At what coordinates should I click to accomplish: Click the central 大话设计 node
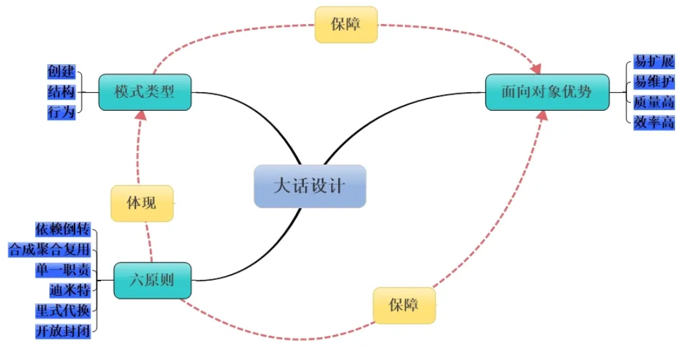point(310,186)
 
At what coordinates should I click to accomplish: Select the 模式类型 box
point(145,91)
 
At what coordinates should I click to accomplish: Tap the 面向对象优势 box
point(547,91)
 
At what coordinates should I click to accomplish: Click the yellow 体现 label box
point(142,204)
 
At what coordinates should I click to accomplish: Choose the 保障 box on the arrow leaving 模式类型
point(346,25)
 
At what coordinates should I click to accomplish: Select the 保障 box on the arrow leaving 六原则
point(404,305)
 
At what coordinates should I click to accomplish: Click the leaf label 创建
point(62,71)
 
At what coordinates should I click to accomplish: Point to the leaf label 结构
point(62,91)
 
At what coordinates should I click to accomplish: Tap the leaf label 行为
point(62,112)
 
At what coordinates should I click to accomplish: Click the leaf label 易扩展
point(654,62)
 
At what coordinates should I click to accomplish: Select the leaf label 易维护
point(654,82)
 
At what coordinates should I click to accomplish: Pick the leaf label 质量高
point(654,102)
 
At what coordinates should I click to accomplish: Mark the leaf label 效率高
point(654,122)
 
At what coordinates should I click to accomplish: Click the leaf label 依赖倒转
point(63,229)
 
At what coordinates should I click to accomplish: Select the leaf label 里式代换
point(63,310)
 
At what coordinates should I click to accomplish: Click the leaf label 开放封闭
point(63,331)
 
